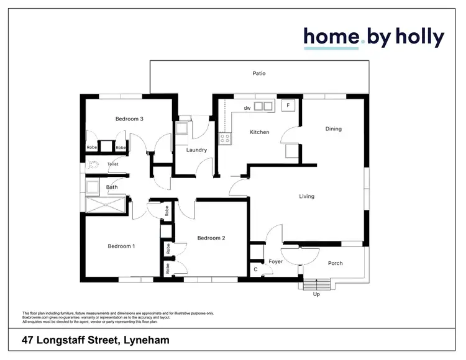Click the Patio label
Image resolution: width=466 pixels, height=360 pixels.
click(x=259, y=73)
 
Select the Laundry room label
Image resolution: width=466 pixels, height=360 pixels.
click(x=196, y=150)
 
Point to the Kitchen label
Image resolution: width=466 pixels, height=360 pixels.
click(x=259, y=132)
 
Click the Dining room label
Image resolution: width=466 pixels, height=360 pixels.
click(x=334, y=129)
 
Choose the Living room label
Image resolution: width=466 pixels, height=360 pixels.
click(x=306, y=197)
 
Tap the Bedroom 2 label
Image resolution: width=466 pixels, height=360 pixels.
click(x=211, y=238)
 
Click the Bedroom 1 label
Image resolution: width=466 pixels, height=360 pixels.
click(x=121, y=246)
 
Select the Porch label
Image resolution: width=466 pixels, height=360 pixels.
click(x=335, y=263)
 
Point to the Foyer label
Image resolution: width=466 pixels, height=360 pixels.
click(x=276, y=262)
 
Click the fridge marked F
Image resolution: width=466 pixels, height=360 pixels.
click(x=288, y=105)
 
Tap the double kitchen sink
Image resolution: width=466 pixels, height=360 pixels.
click(x=263, y=106)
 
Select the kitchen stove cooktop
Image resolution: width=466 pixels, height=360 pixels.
click(x=224, y=139)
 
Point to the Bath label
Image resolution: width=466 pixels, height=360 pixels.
click(x=112, y=187)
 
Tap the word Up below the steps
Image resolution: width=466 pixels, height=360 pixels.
click(x=316, y=294)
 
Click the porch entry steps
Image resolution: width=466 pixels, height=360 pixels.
click(x=316, y=284)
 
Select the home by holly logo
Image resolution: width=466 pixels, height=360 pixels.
click(x=373, y=37)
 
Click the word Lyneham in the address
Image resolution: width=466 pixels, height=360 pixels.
click(x=147, y=340)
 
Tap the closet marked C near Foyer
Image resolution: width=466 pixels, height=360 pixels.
click(x=256, y=270)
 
